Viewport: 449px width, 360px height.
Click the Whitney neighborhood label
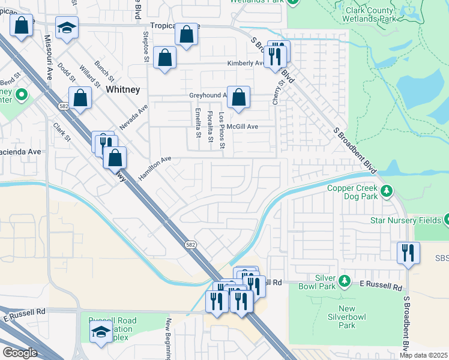(x=122, y=89)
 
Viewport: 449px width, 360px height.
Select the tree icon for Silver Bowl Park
(x=344, y=280)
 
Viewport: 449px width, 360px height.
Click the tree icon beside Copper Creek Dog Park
(x=387, y=191)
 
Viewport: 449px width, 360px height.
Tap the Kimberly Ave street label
(x=245, y=63)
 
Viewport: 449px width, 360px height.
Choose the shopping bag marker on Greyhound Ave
(x=238, y=97)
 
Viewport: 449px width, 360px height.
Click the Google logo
(x=19, y=353)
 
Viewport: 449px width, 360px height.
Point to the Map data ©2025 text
(x=423, y=355)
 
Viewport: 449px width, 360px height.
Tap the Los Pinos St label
(x=221, y=130)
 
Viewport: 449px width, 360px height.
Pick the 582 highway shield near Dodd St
(x=64, y=106)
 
